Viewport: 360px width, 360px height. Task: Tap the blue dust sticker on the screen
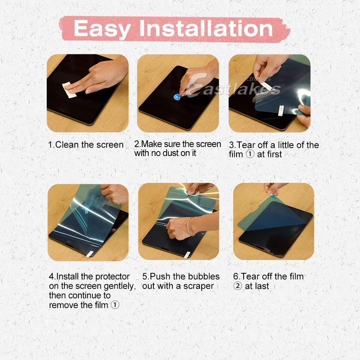tap(177, 96)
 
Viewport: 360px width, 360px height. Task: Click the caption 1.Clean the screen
tap(86, 145)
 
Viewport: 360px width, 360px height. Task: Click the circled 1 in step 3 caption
tap(250, 154)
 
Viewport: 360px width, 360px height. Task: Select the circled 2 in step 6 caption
tap(238, 287)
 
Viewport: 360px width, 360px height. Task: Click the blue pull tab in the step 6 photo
tap(273, 197)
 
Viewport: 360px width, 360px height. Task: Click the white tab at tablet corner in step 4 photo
tap(89, 253)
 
